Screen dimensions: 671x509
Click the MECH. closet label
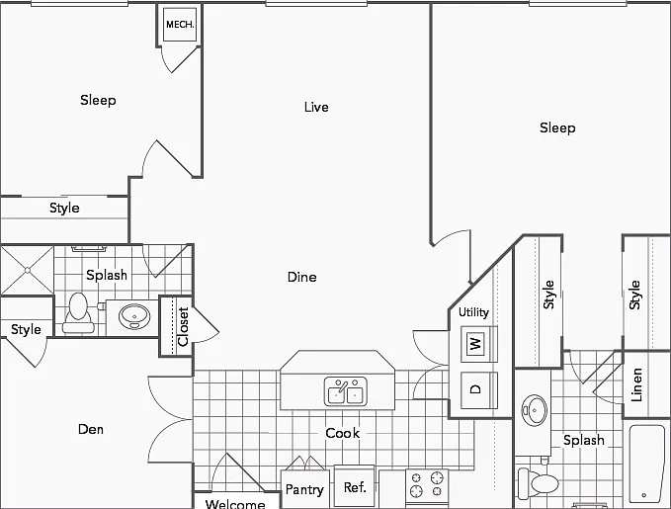click(x=180, y=25)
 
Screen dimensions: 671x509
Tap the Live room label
click(x=316, y=107)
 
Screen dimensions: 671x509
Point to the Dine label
click(x=302, y=277)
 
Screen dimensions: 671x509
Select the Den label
click(x=91, y=429)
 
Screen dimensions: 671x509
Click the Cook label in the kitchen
click(x=342, y=433)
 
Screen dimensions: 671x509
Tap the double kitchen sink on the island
click(x=345, y=390)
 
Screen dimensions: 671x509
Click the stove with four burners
click(x=427, y=486)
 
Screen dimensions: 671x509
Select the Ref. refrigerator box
click(x=355, y=486)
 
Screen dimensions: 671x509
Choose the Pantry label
click(x=304, y=489)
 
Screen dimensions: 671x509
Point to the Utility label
click(x=473, y=312)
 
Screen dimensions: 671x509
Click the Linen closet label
click(x=636, y=384)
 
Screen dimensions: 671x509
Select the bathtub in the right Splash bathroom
click(x=646, y=465)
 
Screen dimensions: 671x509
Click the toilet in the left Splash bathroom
click(x=78, y=313)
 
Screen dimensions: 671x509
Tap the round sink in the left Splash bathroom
click(x=134, y=316)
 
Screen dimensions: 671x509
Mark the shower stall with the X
click(x=27, y=270)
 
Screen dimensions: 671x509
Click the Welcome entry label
click(x=235, y=504)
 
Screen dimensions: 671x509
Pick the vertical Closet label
click(x=183, y=327)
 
